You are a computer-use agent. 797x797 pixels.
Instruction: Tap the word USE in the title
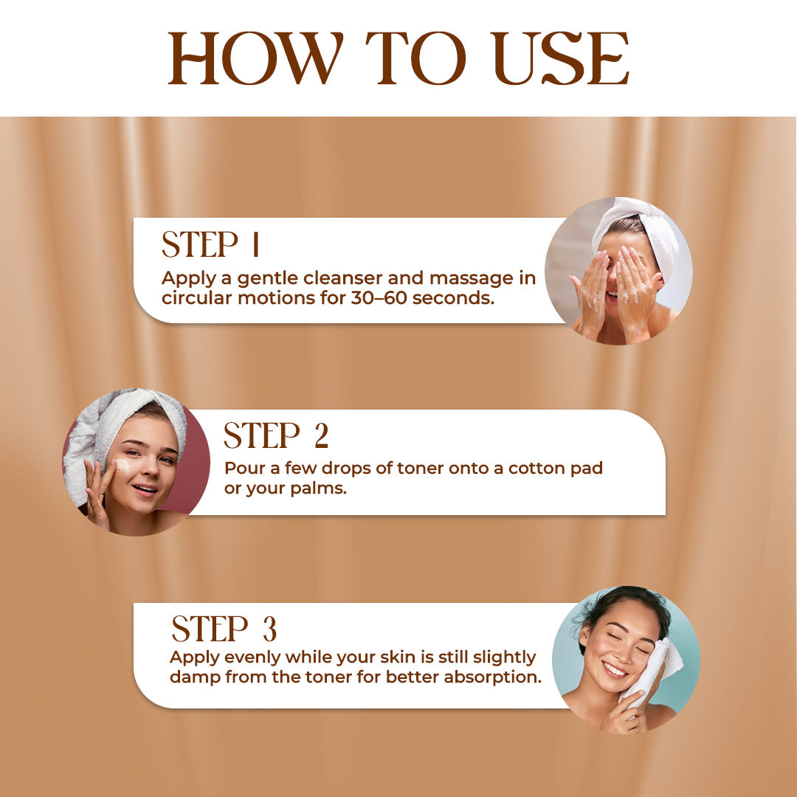click(561, 58)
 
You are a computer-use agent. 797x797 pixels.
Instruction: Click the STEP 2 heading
click(276, 435)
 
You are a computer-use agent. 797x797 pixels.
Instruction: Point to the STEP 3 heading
click(224, 628)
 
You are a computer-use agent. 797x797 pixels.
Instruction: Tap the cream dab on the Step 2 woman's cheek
click(122, 465)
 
